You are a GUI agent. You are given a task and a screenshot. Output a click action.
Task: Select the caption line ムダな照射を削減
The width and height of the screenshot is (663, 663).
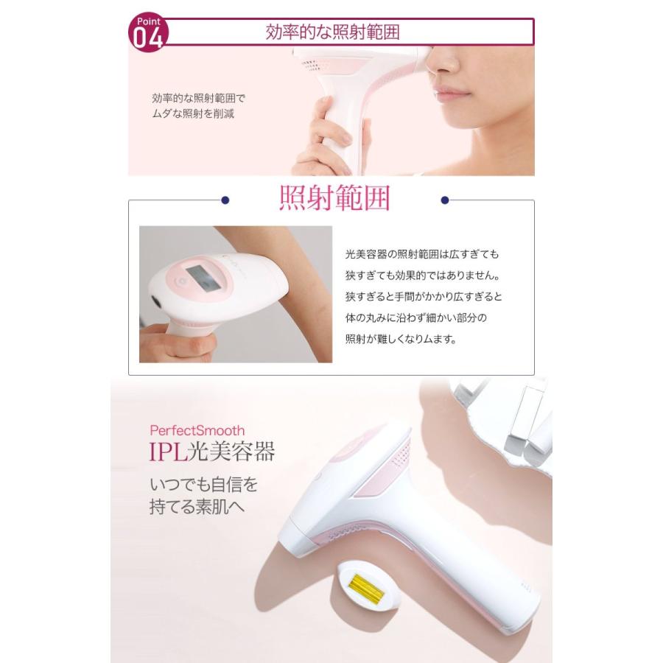(193, 115)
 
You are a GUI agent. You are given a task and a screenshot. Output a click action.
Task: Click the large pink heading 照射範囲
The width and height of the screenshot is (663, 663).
(334, 200)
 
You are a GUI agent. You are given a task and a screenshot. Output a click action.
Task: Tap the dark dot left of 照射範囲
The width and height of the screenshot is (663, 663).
(225, 200)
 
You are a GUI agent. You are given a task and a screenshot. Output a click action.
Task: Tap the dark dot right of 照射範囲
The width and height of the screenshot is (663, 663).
(444, 200)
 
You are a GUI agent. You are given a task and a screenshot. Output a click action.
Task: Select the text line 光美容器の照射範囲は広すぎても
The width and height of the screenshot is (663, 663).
(422, 254)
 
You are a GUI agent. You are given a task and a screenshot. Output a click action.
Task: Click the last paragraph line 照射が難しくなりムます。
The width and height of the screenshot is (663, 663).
(401, 340)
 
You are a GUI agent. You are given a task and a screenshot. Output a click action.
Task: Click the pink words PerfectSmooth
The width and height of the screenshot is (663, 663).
(197, 430)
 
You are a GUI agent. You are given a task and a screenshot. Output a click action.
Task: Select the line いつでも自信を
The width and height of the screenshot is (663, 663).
(204, 485)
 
